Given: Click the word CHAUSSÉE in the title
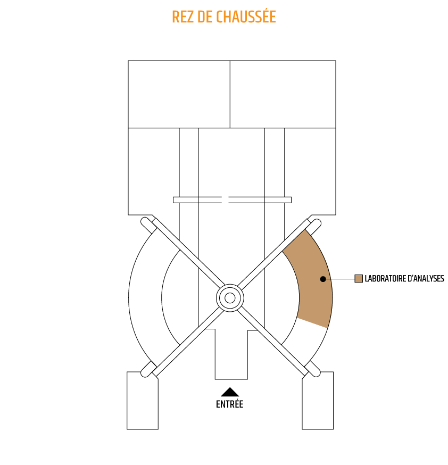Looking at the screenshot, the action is (246, 16).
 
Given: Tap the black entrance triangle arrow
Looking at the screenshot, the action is (230, 392).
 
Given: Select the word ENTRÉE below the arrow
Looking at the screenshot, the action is (230, 404).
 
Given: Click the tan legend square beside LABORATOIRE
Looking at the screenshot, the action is (359, 279).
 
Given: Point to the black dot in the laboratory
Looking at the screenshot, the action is (323, 279).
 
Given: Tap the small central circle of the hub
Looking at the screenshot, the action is (230, 298).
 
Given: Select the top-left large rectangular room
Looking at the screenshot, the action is (179, 94).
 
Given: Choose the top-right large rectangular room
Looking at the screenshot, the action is (283, 94).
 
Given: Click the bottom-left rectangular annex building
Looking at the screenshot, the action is (143, 400).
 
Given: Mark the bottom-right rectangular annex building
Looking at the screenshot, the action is (318, 400).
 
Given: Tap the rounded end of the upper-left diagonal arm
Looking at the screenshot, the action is (145, 221).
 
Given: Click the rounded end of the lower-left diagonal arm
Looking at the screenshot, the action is (145, 373).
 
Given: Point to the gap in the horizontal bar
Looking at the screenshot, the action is (225, 200).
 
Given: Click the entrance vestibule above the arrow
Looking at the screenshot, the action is (231, 354).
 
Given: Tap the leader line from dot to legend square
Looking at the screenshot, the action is (341, 279).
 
